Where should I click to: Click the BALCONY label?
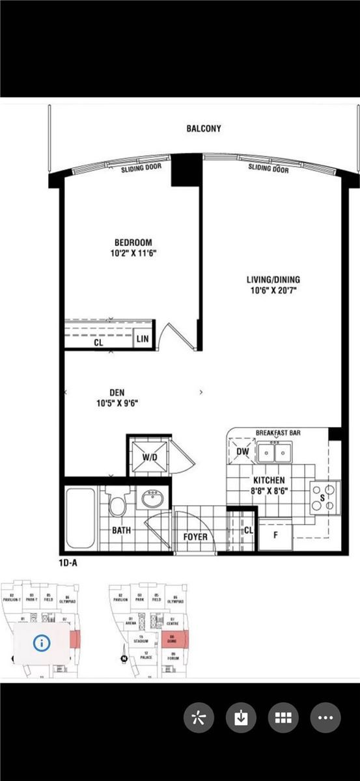tap(204, 129)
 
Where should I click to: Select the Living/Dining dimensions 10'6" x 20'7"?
tap(273, 291)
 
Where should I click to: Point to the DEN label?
tap(117, 392)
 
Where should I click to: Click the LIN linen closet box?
tap(142, 339)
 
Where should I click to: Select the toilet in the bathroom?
tap(118, 503)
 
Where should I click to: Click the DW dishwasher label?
tap(242, 452)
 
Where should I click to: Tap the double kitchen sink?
tap(274, 451)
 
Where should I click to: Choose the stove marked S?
tap(324, 497)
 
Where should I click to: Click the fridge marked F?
tap(274, 535)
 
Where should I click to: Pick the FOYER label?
tap(195, 537)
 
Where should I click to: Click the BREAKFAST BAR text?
tap(283, 432)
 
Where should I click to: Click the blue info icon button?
tap(43, 643)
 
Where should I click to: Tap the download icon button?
tap(241, 718)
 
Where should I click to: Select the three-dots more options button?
tap(325, 718)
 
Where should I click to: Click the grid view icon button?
tap(283, 718)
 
